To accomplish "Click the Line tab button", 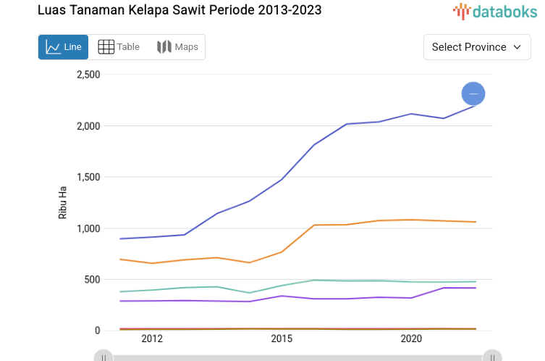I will point(63,47).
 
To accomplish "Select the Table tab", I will point(119,47).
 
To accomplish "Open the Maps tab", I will point(177,47).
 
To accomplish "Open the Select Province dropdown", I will point(476,47).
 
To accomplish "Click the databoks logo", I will point(495,11).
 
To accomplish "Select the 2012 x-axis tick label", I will point(152,339).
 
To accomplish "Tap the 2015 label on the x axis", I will point(282,339).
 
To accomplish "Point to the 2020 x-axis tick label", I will point(411,339).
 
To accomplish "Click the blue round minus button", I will point(473,94).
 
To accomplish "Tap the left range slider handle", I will point(104,357).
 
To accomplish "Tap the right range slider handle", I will point(492,357).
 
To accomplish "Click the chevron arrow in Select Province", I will point(517,47).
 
